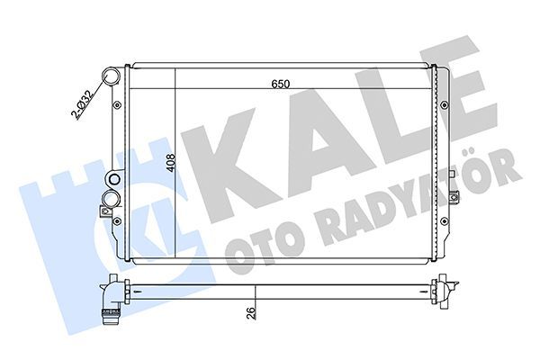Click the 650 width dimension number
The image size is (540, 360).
click(x=282, y=85)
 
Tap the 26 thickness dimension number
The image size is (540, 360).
click(x=248, y=313)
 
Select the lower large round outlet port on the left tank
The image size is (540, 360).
click(x=112, y=197)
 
